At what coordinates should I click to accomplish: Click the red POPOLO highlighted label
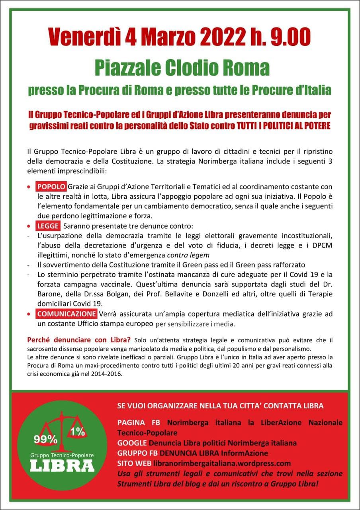tap(51, 186)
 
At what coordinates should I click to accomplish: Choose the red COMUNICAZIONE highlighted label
tap(67, 314)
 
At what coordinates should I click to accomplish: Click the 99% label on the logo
tap(45, 439)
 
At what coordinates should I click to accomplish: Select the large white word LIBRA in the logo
tap(62, 465)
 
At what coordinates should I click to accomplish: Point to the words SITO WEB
tap(133, 463)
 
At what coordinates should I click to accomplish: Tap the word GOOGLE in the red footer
tap(132, 443)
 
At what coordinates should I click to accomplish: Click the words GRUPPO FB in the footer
tap(137, 453)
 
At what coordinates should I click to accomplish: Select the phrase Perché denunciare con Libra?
tap(78, 340)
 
